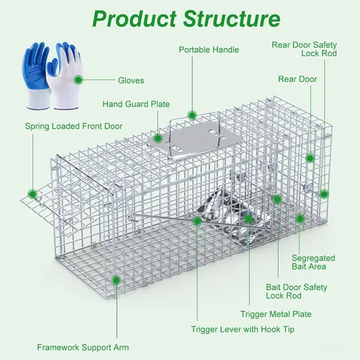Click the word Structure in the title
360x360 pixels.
click(232, 19)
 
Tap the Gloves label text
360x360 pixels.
click(131, 81)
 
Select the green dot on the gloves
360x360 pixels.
click(78, 80)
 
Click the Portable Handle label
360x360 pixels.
click(209, 50)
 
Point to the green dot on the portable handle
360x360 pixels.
click(192, 115)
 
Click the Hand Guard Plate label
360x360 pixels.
click(136, 104)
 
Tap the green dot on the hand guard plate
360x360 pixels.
click(158, 138)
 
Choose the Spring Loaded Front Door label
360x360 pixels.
click(73, 126)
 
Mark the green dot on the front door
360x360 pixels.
click(32, 194)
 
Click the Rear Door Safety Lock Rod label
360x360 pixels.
click(305, 49)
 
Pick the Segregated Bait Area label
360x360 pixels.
click(313, 262)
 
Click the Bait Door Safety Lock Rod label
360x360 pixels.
click(297, 292)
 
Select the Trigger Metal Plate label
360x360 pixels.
click(276, 314)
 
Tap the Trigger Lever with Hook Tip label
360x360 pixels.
click(243, 330)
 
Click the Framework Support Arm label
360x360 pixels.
click(83, 348)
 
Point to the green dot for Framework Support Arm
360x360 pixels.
click(117, 280)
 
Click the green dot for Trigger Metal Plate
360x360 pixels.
click(248, 219)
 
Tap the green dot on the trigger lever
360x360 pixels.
click(197, 221)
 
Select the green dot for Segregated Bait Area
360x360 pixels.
click(300, 219)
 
